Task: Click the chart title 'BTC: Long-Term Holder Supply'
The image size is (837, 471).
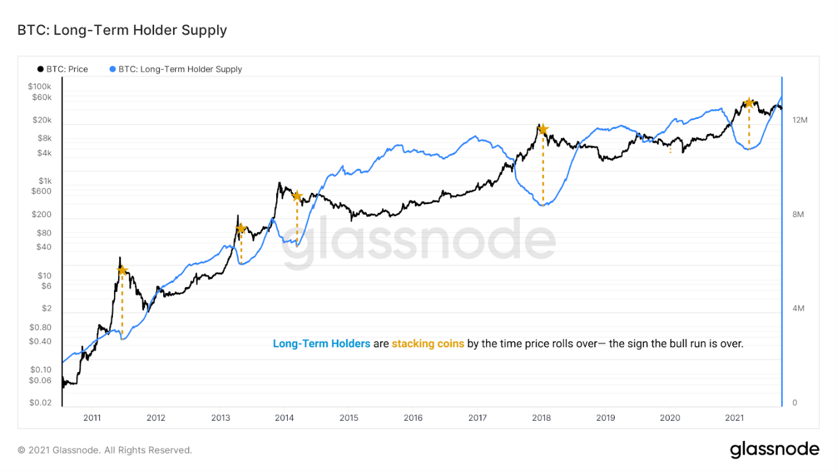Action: [122, 30]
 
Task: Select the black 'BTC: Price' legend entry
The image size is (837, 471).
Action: [63, 69]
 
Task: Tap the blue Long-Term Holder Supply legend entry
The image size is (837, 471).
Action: [175, 69]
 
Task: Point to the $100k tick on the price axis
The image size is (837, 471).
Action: [40, 87]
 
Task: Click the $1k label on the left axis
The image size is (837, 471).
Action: [45, 181]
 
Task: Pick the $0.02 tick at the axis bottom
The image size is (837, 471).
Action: [40, 403]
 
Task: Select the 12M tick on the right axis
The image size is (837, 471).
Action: [800, 120]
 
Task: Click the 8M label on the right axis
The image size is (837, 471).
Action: [798, 214]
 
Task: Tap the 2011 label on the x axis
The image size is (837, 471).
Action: [92, 418]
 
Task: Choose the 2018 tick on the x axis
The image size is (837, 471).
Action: [542, 418]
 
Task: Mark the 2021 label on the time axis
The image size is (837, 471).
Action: [735, 418]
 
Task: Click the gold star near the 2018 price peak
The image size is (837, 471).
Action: [543, 129]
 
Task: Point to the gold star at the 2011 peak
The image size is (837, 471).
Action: [122, 270]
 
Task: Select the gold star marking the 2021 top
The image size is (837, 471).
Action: [749, 103]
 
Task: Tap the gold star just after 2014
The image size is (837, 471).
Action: [297, 196]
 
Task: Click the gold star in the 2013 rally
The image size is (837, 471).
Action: [241, 228]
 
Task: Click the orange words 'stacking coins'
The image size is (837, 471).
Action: [428, 343]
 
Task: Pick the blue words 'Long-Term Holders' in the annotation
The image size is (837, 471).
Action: [321, 343]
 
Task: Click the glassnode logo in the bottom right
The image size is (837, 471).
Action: [774, 449]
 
